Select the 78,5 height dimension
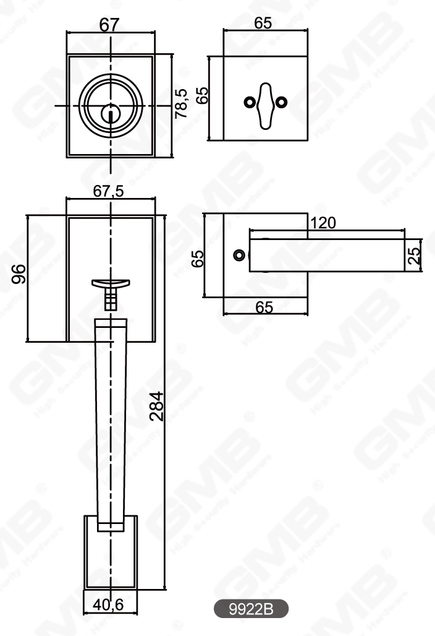181,104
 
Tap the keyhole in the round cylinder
111,114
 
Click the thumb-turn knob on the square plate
265,104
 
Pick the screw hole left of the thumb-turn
249,102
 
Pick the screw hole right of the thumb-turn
282,102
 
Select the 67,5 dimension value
109,191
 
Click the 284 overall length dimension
157,405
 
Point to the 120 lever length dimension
323,223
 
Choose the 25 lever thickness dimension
415,255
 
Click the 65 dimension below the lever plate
264,307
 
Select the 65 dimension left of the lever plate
198,259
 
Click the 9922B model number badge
251,609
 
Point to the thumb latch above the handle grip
111,284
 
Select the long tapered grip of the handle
111,421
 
